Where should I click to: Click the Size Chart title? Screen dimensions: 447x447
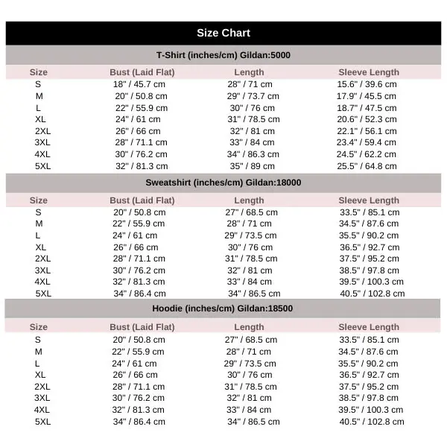tap(223, 33)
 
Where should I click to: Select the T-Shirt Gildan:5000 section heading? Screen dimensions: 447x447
tap(223, 56)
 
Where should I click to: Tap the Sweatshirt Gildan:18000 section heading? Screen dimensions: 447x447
tap(223, 183)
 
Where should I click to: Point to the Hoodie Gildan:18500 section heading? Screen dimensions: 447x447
tap(223, 308)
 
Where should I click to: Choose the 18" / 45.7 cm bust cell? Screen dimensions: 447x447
tap(140, 84)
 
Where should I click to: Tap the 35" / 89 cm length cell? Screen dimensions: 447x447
tap(250, 166)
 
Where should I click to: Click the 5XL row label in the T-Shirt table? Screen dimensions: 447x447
tap(43, 166)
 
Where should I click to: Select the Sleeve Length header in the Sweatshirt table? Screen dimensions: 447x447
tap(369, 200)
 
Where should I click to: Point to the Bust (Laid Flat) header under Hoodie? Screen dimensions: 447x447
tap(142, 327)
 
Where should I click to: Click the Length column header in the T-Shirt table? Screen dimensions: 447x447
tap(249, 72)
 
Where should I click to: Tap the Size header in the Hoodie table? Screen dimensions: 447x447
tap(39, 327)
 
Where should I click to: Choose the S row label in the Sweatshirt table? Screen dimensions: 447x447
tap(38, 212)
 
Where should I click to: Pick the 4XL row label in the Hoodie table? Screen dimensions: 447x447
tap(42, 410)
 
